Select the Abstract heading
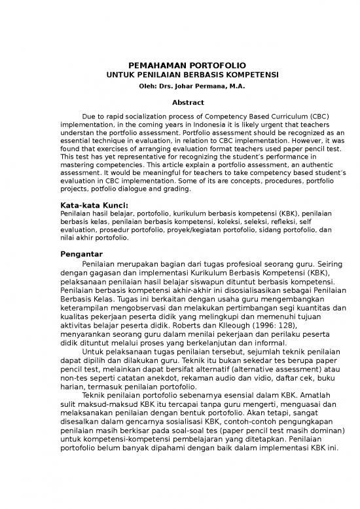coord(187,102)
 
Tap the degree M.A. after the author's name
coord(232,86)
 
